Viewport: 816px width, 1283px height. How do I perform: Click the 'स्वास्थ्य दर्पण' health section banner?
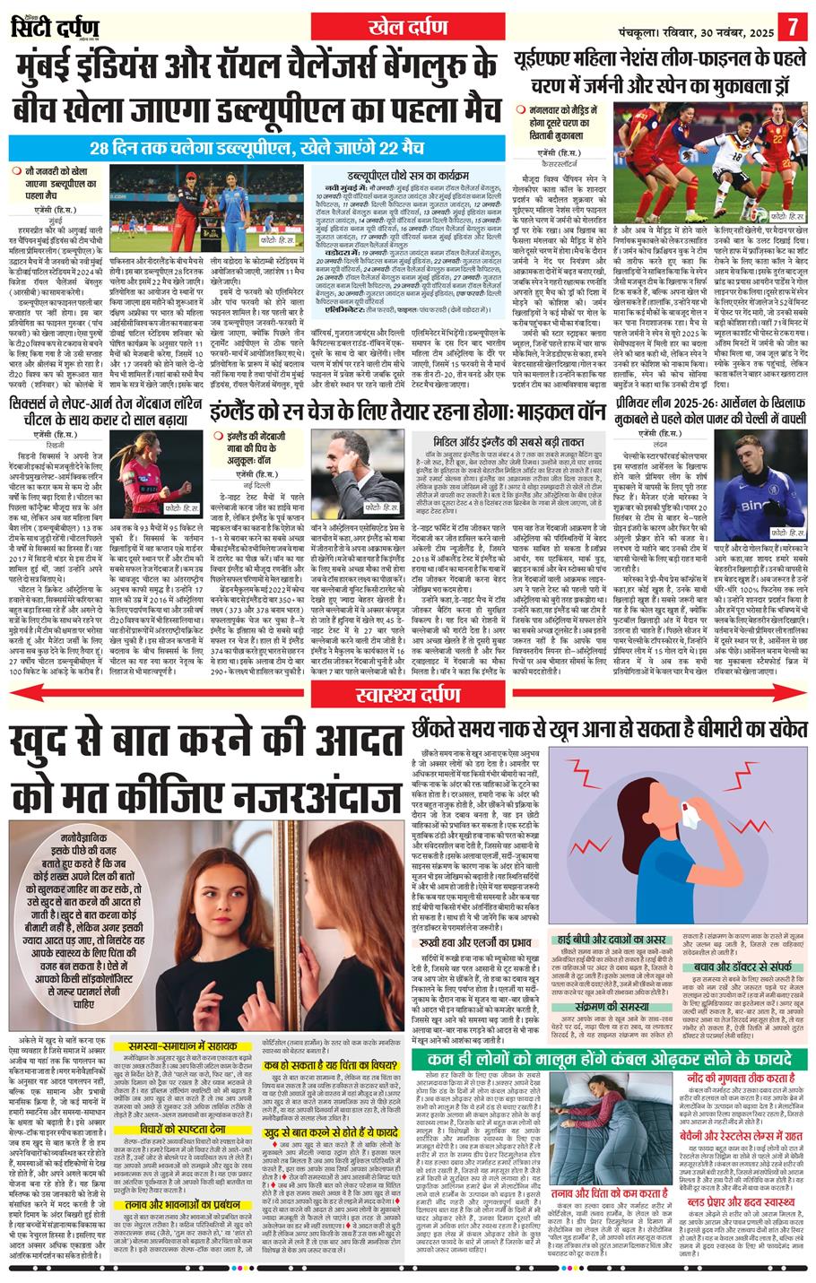pyautogui.click(x=408, y=692)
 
